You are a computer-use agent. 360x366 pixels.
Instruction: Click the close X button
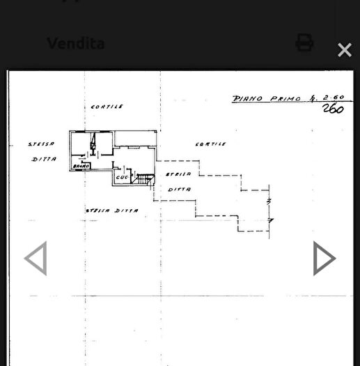344,49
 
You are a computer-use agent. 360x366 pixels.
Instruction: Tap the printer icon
304,43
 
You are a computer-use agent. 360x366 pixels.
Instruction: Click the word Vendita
75,43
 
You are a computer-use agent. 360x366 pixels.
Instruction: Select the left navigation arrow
36,258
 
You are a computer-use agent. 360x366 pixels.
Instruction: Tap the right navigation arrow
324,258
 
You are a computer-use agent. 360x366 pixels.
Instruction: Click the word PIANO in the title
247,99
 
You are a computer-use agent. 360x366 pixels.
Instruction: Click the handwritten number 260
333,109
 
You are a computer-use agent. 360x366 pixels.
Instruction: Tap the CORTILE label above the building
107,107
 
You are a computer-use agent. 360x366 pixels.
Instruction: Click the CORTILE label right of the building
210,144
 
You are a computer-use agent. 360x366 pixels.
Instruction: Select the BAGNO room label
81,165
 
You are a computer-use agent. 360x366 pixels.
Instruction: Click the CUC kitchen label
123,177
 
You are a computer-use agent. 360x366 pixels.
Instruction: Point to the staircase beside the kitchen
143,180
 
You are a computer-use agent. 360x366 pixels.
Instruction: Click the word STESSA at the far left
42,144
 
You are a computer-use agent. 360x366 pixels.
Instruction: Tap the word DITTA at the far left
44,160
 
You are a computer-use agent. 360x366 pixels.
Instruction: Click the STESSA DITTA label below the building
111,210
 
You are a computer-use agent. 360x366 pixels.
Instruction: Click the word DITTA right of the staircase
179,189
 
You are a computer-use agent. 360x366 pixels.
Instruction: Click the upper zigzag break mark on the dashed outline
269,201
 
